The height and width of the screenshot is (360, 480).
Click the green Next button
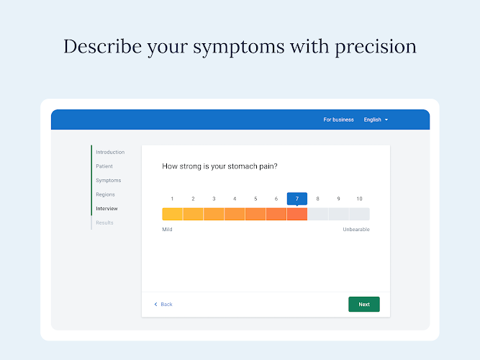click(364, 305)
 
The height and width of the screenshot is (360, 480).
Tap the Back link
click(163, 305)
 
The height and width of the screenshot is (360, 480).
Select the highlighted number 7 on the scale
click(297, 199)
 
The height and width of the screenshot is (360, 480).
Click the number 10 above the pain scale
click(359, 199)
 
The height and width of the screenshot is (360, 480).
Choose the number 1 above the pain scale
click(172, 199)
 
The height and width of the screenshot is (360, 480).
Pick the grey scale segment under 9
click(338, 214)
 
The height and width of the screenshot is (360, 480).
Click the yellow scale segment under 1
click(172, 214)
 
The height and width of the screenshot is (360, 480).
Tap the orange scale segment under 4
click(235, 214)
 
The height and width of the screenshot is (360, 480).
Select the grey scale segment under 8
click(318, 214)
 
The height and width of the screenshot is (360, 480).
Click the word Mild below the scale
click(167, 230)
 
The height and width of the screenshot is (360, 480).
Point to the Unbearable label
click(356, 230)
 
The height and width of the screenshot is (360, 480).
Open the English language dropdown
click(376, 120)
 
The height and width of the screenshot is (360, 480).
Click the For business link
click(338, 120)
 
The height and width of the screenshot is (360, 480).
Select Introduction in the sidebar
click(110, 152)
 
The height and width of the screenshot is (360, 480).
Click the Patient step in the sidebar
click(104, 166)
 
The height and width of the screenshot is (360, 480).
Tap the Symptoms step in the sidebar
click(109, 181)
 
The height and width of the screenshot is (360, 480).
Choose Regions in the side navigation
click(105, 194)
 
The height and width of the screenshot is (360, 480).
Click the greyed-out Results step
click(104, 222)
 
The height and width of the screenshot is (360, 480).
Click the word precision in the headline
click(376, 48)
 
